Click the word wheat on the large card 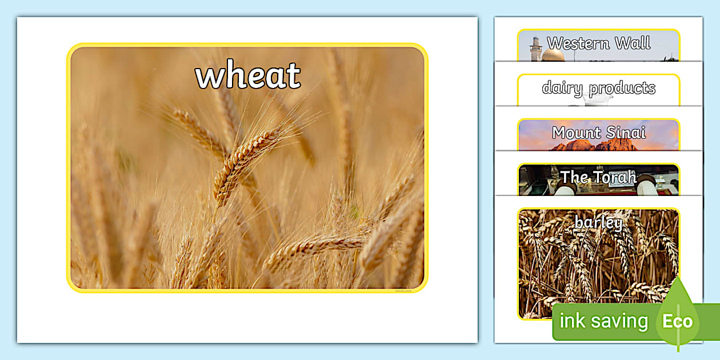coord(248,75)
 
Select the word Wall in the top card coord(632,43)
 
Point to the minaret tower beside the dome coord(535,49)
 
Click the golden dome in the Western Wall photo coord(553,55)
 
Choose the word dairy coord(562,88)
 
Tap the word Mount coord(574,133)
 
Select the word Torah coord(614,177)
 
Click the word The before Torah coord(574,177)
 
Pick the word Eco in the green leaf coord(677,321)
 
